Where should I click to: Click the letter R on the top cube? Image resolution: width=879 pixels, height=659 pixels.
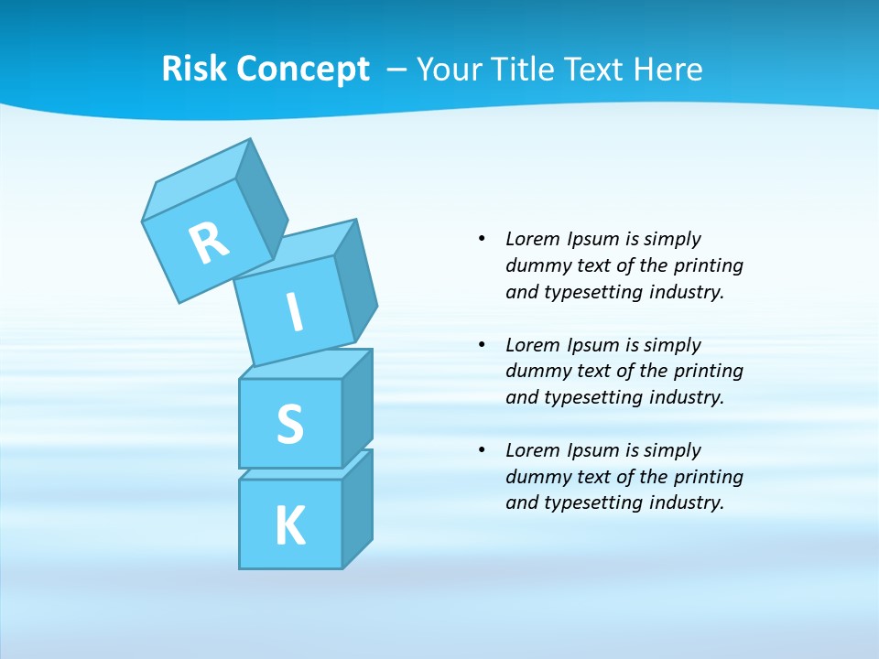point(209,243)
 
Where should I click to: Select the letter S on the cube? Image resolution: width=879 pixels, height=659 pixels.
point(289,424)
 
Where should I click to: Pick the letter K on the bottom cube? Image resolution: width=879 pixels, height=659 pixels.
point(289,526)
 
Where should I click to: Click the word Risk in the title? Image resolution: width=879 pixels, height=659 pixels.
point(194,70)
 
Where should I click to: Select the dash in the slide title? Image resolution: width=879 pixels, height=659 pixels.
point(397,70)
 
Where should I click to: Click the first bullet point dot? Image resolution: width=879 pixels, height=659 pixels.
point(482,240)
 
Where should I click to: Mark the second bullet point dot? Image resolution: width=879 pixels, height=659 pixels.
point(482,345)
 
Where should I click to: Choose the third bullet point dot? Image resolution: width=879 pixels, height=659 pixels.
point(482,450)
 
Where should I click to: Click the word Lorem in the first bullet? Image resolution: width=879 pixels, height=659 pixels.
point(531,240)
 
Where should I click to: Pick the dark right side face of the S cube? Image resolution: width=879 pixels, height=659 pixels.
point(357,408)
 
